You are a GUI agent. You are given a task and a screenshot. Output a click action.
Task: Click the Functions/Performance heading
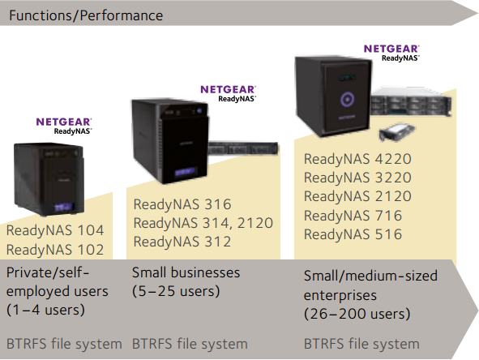click(x=86, y=15)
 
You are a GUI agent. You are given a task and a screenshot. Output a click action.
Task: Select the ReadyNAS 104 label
click(x=55, y=230)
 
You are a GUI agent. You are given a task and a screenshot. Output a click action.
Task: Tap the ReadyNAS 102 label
click(x=55, y=250)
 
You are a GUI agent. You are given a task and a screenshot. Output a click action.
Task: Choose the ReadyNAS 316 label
click(x=182, y=204)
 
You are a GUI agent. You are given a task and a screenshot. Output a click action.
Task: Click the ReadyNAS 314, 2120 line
click(x=203, y=223)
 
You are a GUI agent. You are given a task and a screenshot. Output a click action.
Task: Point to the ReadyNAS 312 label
click(x=182, y=242)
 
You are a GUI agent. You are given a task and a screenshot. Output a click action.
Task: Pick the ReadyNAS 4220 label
click(x=357, y=159)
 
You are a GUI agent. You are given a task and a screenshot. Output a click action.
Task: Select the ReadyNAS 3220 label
click(x=357, y=178)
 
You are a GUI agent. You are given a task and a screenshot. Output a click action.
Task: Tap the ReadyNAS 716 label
click(x=353, y=216)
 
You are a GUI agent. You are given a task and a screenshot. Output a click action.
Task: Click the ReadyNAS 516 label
click(x=353, y=234)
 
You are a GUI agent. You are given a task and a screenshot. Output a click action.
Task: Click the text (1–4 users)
click(x=45, y=310)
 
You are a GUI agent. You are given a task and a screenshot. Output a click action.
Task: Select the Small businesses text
click(x=186, y=272)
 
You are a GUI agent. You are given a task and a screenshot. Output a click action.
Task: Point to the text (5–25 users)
click(x=176, y=291)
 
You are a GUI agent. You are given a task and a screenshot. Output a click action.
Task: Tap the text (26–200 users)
click(x=357, y=314)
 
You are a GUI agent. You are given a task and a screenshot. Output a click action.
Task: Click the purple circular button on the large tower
click(x=348, y=99)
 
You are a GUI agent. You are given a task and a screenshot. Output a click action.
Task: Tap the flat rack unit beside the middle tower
click(x=243, y=148)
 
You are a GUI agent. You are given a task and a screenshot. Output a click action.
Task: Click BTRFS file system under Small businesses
click(x=190, y=344)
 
